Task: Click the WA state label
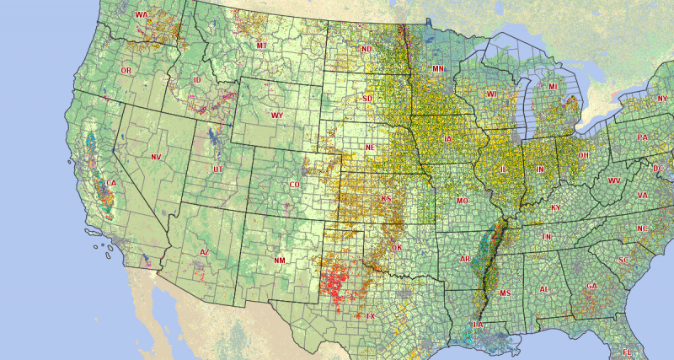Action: pos(141,15)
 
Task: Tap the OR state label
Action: pos(126,70)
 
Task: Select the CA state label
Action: pos(110,182)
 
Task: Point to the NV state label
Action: pos(155,157)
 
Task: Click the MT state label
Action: pos(262,45)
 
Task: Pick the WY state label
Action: pos(276,115)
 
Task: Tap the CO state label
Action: pos(294,184)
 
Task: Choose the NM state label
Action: pos(279,261)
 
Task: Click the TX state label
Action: pos(370,316)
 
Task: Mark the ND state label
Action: pos(366,50)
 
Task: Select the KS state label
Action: pos(386,199)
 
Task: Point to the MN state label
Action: pos(438,68)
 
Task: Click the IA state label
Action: pos(447,139)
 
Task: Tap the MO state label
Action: pos(462,201)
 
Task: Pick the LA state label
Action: pos(479,325)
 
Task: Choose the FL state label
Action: pos(626,351)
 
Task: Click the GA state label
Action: pos(591,286)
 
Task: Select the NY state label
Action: pos(661,99)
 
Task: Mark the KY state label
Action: pos(555,207)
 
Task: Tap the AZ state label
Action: pos(204,252)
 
